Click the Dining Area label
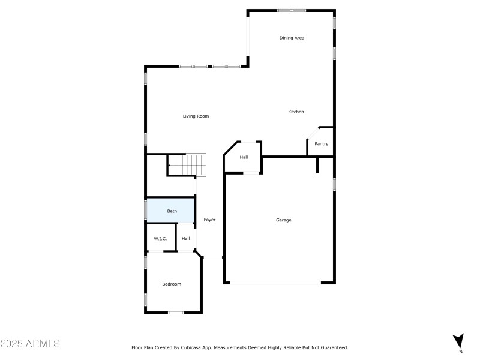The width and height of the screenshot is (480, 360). pos(292,38)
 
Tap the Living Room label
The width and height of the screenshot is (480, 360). pos(196,116)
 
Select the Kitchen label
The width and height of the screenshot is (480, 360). pos(296,112)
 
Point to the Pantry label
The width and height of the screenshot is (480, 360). pos(322,144)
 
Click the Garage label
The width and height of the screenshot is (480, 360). pos(283,220)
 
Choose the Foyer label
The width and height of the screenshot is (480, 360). pos(209,220)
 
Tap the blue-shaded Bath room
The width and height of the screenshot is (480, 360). pos(171,211)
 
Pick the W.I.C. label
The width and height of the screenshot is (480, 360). pos(160,239)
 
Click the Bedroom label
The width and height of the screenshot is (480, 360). pos(172,284)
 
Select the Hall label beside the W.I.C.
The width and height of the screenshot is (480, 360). pos(186,239)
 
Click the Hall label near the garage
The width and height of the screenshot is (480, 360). pos(244,157)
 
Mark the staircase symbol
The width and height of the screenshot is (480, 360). pos(187,164)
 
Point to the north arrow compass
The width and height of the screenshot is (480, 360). pos(459,341)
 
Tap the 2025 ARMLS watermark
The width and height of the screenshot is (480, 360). pos(30,344)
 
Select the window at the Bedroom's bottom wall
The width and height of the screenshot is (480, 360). pos(176,313)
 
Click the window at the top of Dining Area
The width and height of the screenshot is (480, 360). pos(292,10)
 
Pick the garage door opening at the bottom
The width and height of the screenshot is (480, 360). pos(276,283)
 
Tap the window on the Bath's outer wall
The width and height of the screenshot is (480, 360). pos(146,211)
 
